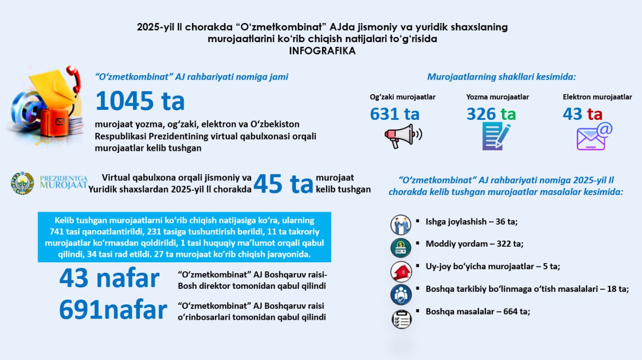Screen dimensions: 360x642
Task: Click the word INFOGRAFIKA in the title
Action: pos(322,51)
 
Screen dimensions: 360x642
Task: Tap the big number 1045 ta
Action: pos(140,101)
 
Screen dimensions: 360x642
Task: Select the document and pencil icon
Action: pos(496,135)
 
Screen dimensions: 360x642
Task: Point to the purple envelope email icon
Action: pos(594,136)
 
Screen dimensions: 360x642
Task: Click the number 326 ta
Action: pos(491,114)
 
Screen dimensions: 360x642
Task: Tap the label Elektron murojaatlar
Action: pos(597,97)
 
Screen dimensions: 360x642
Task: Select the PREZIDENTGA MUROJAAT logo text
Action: pos(63,183)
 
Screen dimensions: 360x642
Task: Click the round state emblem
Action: pos(23,184)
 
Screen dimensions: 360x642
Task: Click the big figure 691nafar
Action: pos(113,310)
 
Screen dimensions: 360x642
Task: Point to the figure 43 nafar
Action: pos(109,278)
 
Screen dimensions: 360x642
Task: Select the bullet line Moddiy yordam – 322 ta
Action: pos(474,244)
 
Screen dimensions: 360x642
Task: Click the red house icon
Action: pos(401,271)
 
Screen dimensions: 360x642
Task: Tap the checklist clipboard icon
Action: pos(401,319)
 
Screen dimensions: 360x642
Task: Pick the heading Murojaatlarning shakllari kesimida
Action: pos(502,77)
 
